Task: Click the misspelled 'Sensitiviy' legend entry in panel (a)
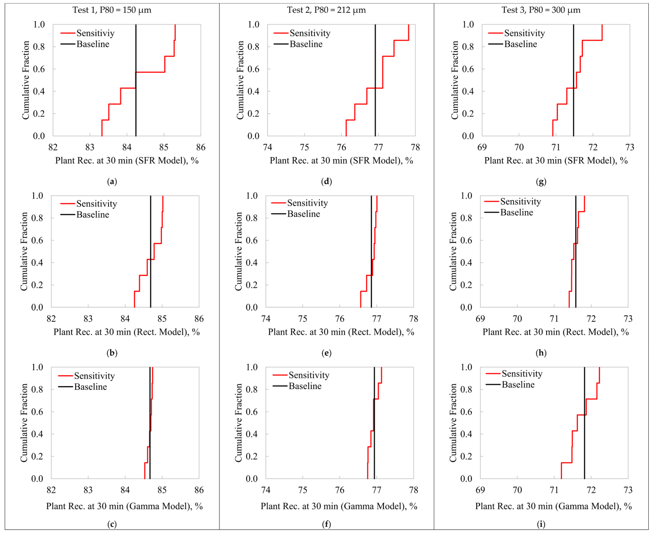pos(95,33)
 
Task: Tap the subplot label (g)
pos(541,181)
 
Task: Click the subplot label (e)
pos(326,353)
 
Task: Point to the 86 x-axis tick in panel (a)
pos(201,147)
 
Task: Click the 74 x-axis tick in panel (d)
pos(268,147)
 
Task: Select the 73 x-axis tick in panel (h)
pos(628,319)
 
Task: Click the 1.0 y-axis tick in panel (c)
pos(37,367)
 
